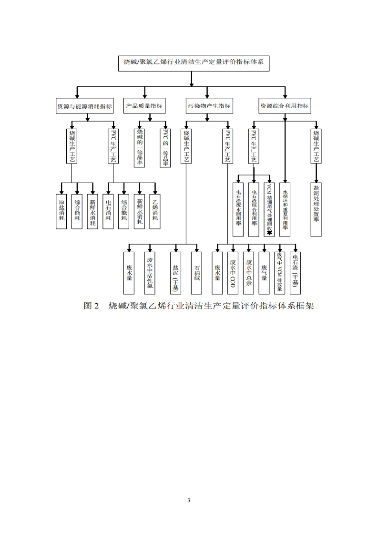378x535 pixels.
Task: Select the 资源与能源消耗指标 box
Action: [x=84, y=106]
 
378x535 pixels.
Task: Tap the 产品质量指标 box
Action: [x=144, y=106]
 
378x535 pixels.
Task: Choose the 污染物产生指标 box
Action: [x=209, y=106]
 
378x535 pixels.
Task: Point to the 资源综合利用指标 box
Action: [x=284, y=106]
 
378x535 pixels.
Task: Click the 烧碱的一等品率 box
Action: [x=140, y=147]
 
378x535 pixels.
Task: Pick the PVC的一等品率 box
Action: [x=165, y=147]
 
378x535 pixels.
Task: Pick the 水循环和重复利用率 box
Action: [x=285, y=209]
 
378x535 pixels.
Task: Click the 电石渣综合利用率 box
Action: [x=254, y=209]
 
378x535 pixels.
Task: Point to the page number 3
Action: [x=189, y=500]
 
